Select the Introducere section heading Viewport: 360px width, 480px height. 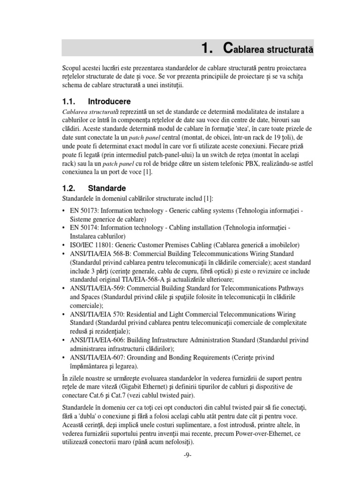(109, 101)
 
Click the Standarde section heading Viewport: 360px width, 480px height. (107, 188)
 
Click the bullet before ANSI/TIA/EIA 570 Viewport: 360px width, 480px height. (64, 314)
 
